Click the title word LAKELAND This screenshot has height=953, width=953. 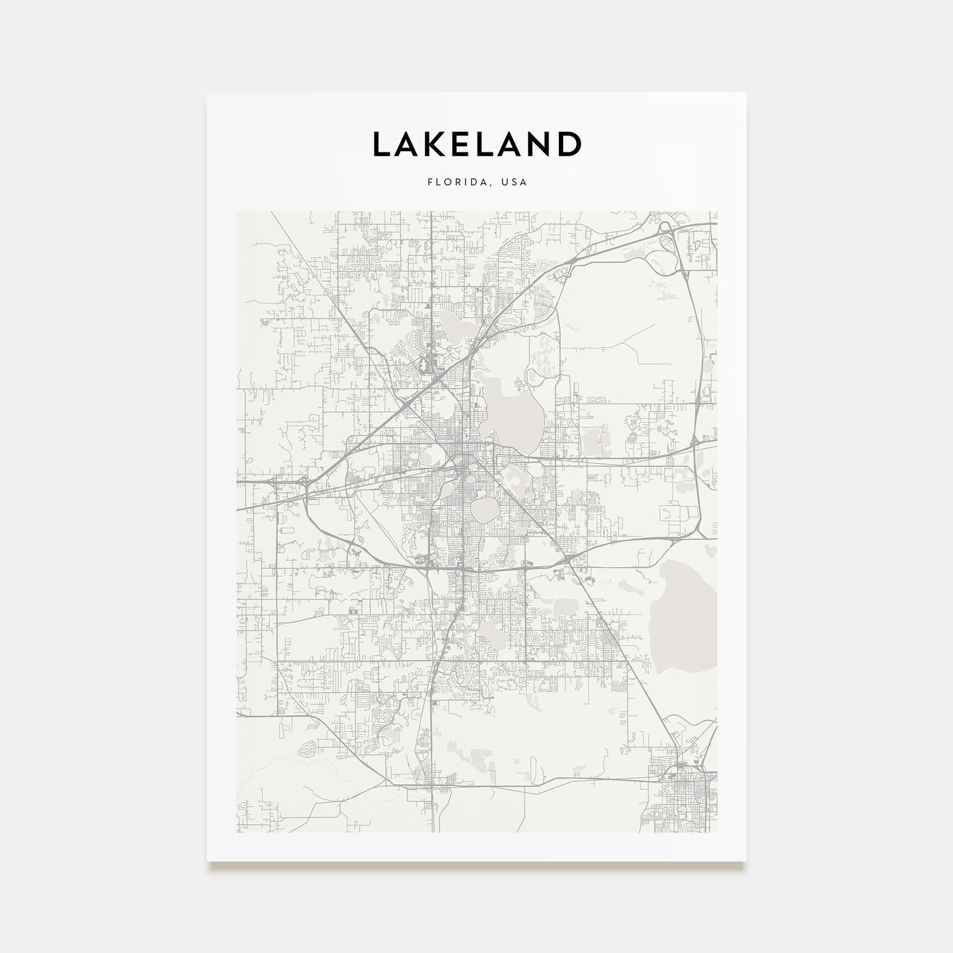[x=476, y=144]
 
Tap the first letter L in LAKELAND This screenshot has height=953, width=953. [x=381, y=144]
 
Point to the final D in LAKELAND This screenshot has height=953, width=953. [x=569, y=144]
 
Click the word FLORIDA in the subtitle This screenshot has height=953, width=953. [x=452, y=182]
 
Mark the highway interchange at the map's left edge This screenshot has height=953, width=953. [x=276, y=481]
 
